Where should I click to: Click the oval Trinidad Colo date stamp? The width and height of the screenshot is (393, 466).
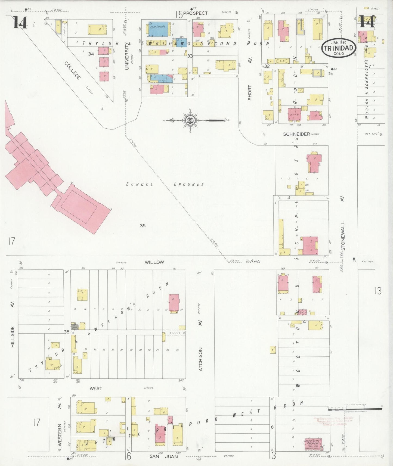(338, 48)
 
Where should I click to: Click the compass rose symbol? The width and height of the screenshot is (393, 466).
(190, 120)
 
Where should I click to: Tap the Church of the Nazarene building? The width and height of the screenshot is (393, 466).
(312, 444)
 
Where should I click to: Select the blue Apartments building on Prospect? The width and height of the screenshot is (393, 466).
(158, 29)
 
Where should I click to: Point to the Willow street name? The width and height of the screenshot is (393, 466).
(154, 262)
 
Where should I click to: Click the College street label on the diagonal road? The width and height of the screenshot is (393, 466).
(73, 70)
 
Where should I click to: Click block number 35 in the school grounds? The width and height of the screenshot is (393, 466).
(143, 225)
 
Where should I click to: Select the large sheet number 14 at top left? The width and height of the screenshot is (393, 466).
(20, 22)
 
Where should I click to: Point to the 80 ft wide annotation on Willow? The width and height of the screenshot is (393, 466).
(253, 262)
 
